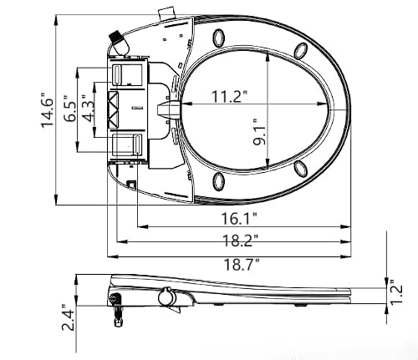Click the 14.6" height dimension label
pos(48,109)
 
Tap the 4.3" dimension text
pos(89,109)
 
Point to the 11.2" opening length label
pos(229,97)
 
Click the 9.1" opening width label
pos(259,133)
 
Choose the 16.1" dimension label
pos(239,219)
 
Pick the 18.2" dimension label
pos(240,241)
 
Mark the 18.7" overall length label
pos(242,264)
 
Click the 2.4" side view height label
pos(69,317)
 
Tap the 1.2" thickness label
pos(396,292)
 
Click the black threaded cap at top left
pos(115,37)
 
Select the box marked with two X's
pos(113,110)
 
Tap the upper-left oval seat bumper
pos(218,38)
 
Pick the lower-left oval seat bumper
pos(218,181)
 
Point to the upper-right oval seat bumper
pos(301,51)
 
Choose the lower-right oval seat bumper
pos(301,169)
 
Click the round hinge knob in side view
pos(166,297)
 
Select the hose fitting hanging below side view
pos(117,310)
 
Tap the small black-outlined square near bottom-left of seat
pos(130,184)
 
